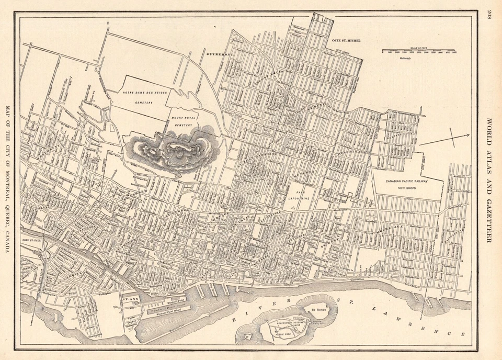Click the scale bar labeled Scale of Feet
[418, 51]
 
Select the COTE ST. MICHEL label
[346, 40]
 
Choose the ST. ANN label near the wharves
[129, 299]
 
